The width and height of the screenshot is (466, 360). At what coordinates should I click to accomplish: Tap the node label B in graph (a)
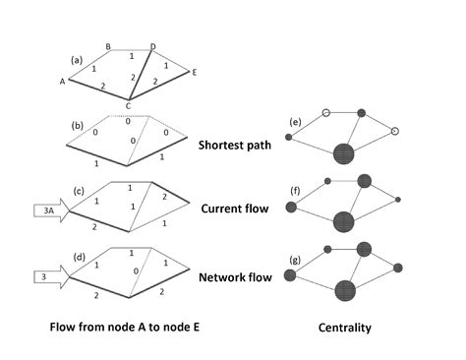pos(107,45)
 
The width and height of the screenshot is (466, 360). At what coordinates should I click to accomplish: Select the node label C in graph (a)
pos(128,105)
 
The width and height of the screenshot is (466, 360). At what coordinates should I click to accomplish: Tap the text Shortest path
pos(238,145)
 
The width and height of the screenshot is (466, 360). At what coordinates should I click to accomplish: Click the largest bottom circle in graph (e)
pos(343,153)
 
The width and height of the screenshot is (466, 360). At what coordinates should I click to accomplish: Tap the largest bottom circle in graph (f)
pos(343,221)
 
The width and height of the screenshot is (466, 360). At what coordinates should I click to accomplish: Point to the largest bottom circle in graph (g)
pos(344,290)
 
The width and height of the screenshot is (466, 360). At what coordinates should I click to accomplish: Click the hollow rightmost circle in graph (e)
pos(395,130)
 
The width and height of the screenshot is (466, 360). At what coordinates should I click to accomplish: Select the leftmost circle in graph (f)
pos(290,207)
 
